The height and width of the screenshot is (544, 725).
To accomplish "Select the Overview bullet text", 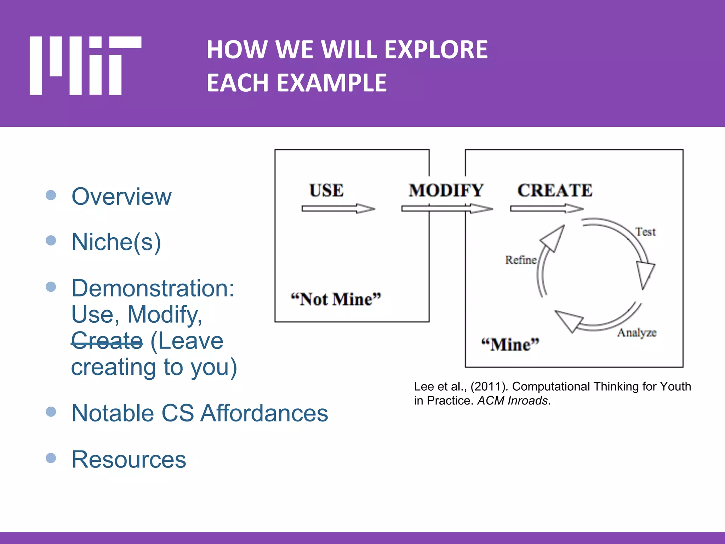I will [x=121, y=197].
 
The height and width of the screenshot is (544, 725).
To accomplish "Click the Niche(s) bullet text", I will [x=116, y=242].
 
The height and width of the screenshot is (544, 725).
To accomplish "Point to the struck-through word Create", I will [x=107, y=341].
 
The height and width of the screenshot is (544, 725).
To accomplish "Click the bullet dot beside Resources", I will [x=51, y=458].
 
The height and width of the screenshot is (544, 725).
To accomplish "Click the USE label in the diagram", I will [x=326, y=191].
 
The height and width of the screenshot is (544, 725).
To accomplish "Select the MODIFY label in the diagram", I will [x=446, y=191].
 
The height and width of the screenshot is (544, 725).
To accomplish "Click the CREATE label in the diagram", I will [x=555, y=191].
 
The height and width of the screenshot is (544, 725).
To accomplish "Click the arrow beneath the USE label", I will [x=338, y=209].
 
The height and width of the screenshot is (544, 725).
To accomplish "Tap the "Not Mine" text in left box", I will [x=336, y=300].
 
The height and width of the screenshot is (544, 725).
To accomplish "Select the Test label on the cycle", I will [x=645, y=232].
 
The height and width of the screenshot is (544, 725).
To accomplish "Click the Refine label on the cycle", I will [x=520, y=260].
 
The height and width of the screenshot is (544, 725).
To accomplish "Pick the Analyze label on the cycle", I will [x=636, y=333].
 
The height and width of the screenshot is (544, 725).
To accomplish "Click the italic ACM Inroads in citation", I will [x=513, y=401].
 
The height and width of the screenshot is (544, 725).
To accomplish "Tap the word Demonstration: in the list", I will [x=153, y=288].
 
